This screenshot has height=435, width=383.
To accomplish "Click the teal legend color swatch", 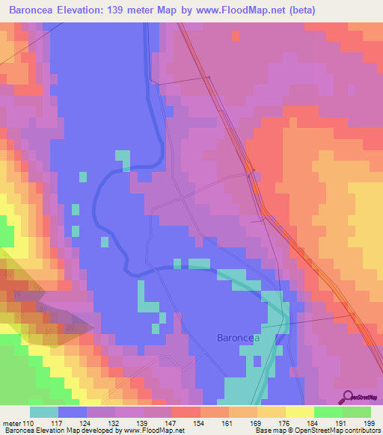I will click(x=44, y=412).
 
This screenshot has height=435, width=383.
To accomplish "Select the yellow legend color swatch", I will click(x=300, y=412).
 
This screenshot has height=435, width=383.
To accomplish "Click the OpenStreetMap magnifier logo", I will click(x=346, y=398).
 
